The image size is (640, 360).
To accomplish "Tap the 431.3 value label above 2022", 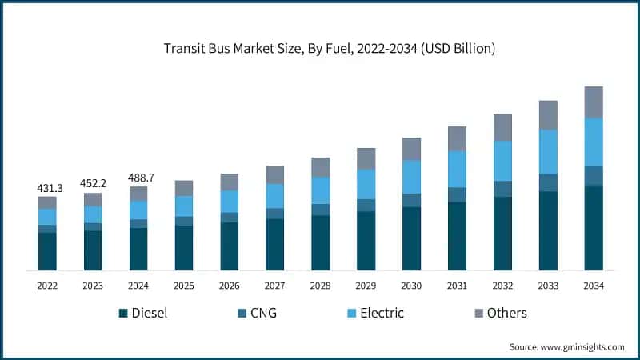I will tap(48, 188).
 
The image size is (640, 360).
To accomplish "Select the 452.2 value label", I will tap(93, 184).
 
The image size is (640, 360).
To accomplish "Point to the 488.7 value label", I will tap(138, 178).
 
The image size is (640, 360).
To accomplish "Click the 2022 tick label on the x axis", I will tap(48, 286).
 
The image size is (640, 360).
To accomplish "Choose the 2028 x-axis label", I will tap(321, 286).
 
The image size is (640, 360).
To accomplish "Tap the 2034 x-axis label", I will tap(594, 286).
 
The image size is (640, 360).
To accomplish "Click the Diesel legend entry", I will tap(143, 313).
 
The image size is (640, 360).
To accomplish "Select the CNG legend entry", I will tap(255, 313).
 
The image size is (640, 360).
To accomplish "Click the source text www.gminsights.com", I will tap(567, 346).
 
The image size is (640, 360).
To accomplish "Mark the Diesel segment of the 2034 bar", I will tap(594, 228).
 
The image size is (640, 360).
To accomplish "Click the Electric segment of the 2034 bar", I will tap(594, 142).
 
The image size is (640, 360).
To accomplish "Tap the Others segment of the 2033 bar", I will tap(548, 115).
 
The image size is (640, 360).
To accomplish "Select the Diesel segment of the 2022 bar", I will tap(48, 251).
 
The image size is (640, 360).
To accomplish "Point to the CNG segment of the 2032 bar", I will tap(502, 189).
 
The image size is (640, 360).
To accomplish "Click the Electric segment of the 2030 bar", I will tap(411, 177).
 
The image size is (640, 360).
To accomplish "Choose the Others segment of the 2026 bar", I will tap(230, 182).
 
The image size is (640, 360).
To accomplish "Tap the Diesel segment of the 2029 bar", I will tap(366, 241).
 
